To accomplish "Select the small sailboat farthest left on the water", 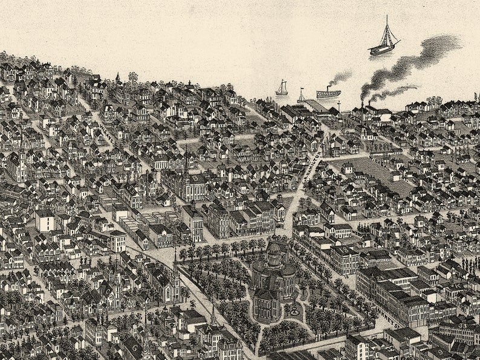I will (x=282, y=89).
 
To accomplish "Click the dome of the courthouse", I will (x=274, y=249).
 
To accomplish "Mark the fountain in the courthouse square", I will (x=294, y=310).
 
